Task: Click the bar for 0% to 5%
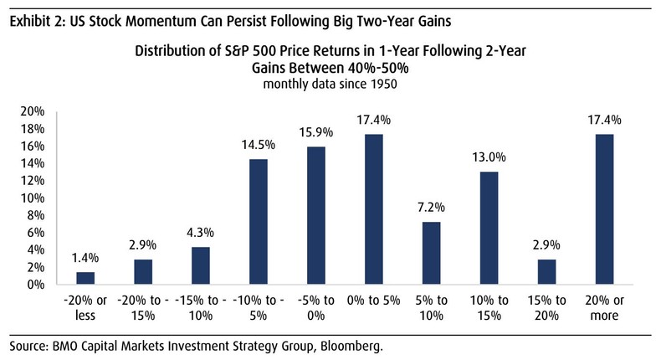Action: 374,209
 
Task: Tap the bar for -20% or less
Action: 85,278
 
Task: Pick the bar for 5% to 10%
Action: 432,253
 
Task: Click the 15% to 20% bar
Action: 547,272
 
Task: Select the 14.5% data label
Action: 259,144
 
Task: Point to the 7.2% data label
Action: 432,207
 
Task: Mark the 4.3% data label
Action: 201,232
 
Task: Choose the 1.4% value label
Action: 85,257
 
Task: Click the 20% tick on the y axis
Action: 32,111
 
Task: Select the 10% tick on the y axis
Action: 32,198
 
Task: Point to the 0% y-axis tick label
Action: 35,285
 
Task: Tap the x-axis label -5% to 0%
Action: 316,307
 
